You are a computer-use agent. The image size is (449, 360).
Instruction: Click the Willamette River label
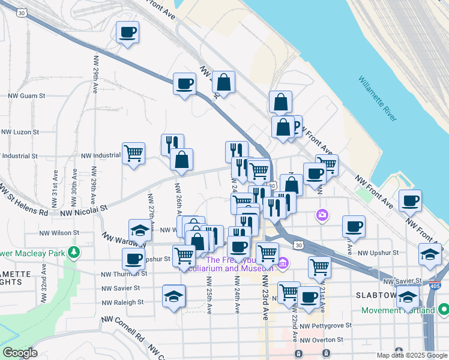click(378, 99)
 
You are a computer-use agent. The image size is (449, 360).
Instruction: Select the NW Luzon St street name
click(20, 131)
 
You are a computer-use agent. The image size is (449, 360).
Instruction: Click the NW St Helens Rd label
click(24, 200)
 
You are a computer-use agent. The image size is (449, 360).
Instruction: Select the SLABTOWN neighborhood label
click(377, 296)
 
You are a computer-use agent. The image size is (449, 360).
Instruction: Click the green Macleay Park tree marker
click(74, 253)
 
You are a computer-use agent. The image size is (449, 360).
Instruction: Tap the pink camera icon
click(323, 214)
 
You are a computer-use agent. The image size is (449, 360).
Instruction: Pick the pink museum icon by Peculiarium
click(283, 262)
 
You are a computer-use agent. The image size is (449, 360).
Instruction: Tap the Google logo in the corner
click(20, 353)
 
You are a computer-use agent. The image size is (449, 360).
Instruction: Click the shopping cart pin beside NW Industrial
click(133, 153)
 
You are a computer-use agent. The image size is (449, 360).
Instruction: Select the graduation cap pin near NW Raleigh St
click(174, 296)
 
